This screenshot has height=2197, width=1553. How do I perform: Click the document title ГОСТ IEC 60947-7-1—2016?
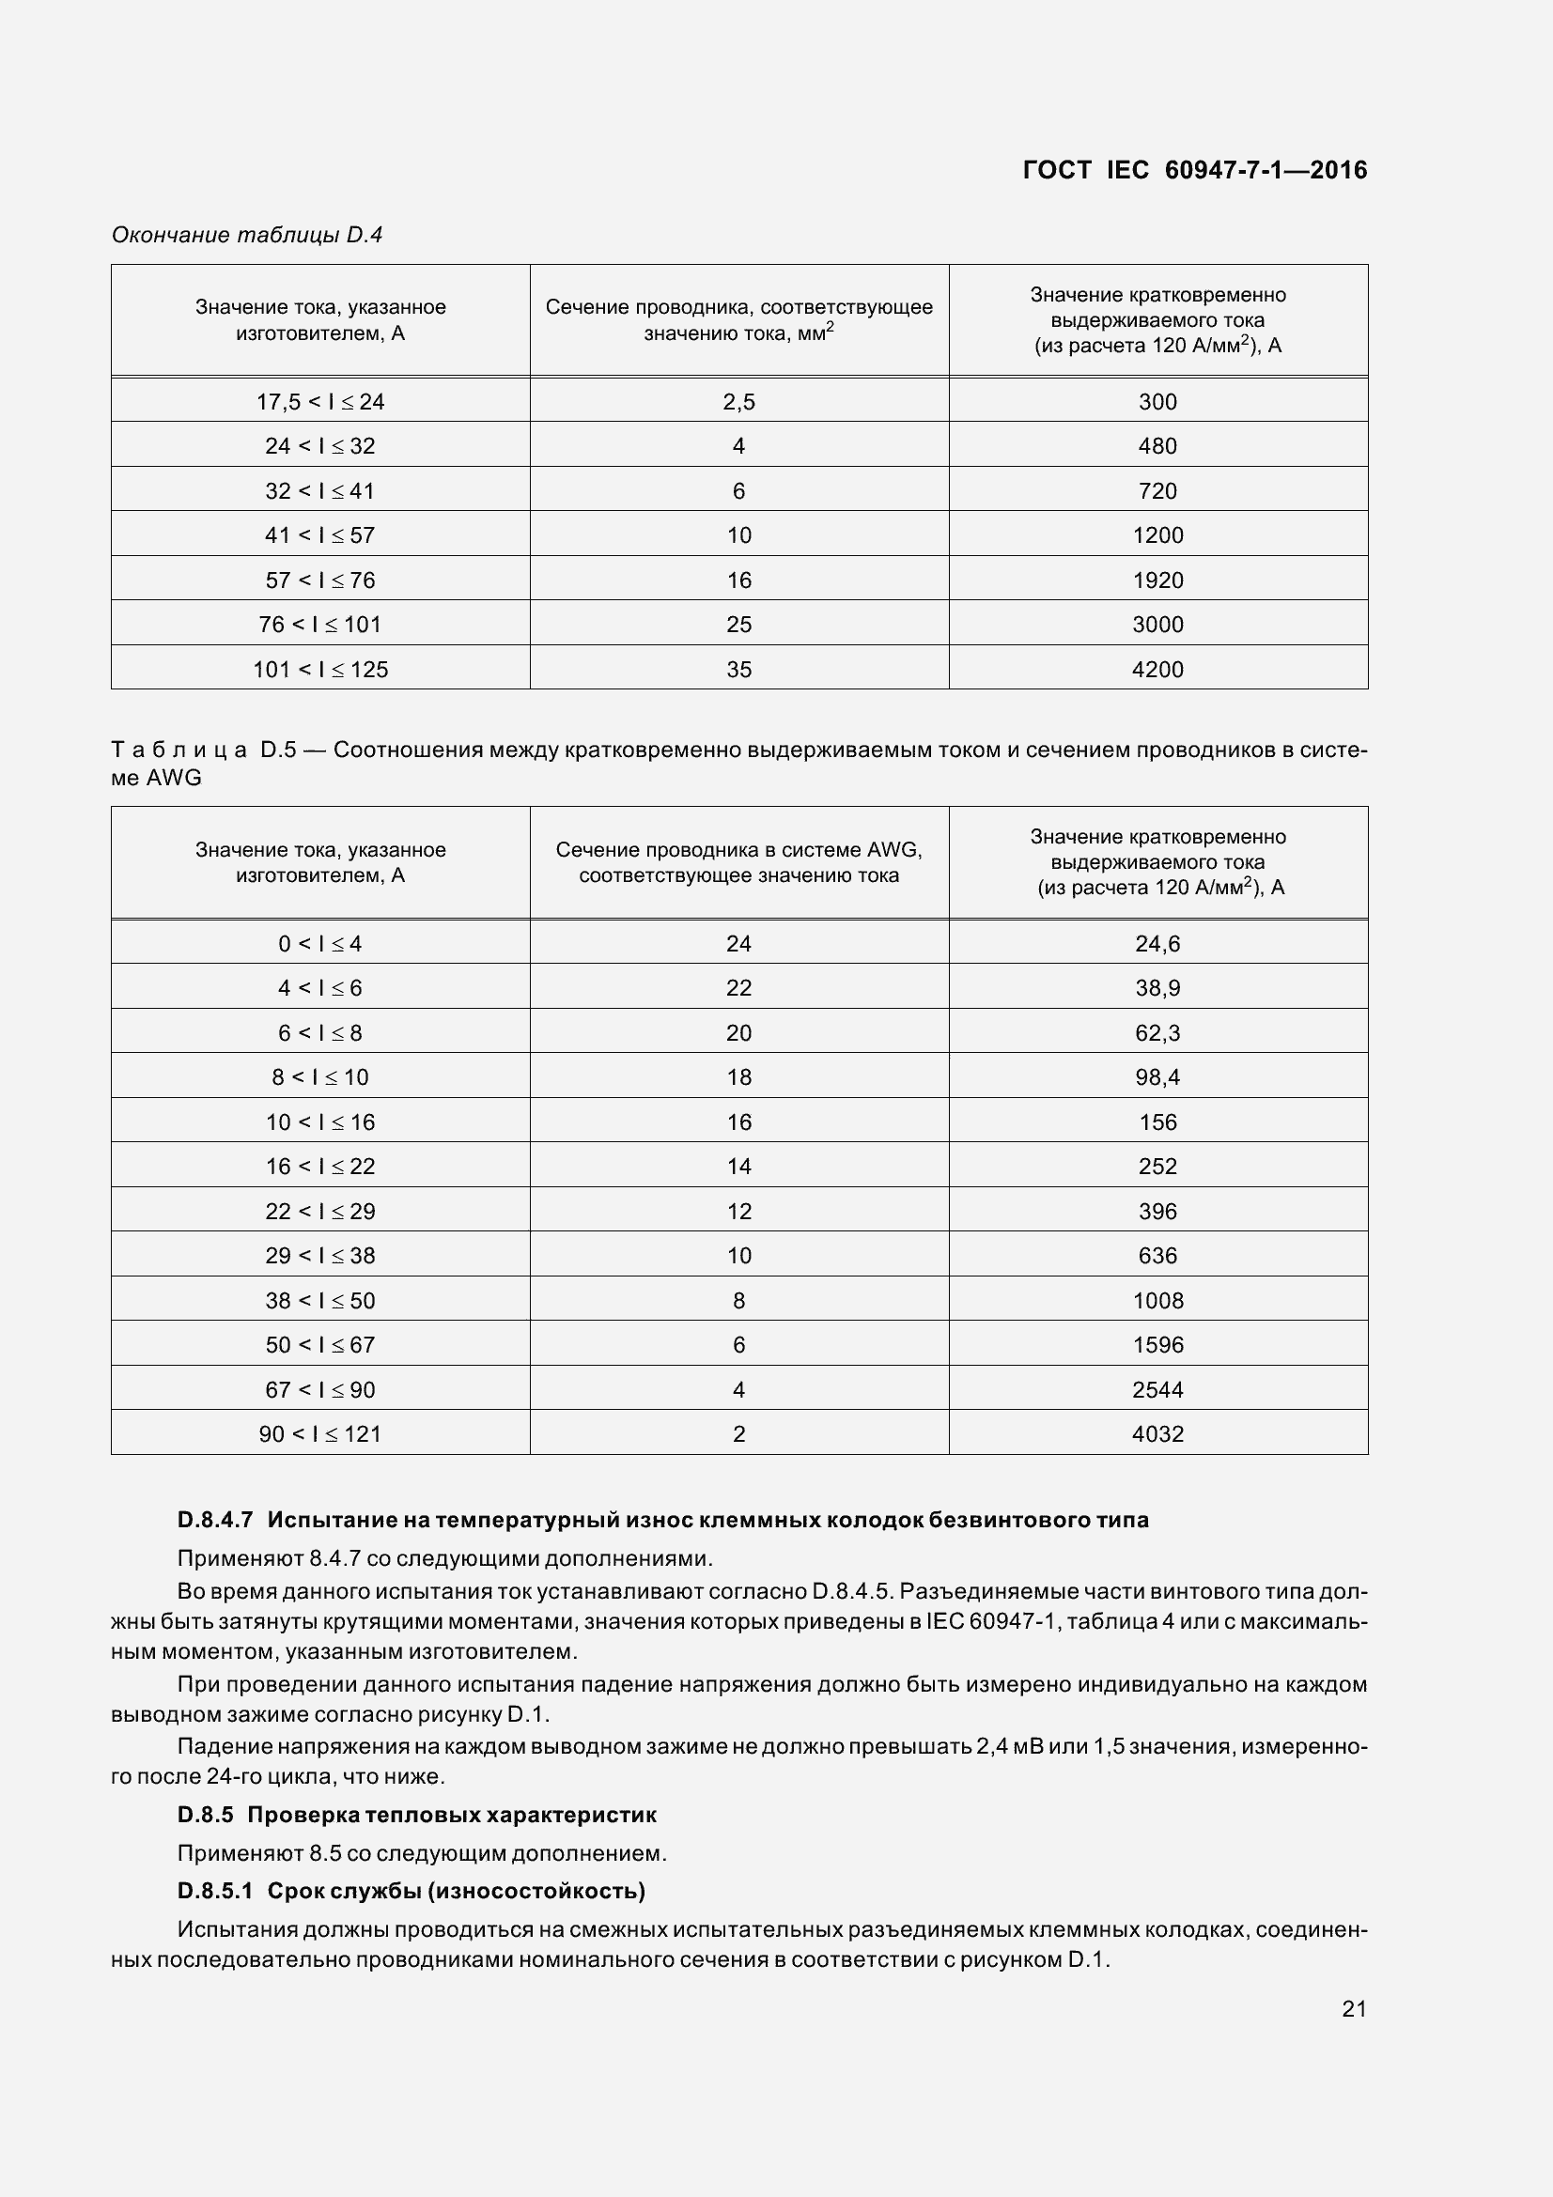click(1194, 170)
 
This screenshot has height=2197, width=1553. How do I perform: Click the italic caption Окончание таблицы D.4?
click(247, 235)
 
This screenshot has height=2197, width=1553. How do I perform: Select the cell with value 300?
click(1157, 401)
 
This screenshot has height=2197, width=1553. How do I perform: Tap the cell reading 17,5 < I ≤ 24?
click(319, 401)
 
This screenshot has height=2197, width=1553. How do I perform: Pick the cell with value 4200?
click(1157, 669)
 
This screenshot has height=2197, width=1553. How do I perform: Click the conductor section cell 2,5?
click(738, 401)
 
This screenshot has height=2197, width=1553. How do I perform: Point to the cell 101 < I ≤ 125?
click(319, 669)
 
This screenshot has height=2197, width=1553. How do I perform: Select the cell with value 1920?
click(1157, 580)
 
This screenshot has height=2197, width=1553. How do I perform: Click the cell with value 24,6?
click(1157, 943)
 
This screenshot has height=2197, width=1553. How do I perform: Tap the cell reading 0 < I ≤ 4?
click(319, 943)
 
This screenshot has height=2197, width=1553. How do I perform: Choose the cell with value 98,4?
click(1157, 1076)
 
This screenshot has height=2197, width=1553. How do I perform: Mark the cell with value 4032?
click(1157, 1433)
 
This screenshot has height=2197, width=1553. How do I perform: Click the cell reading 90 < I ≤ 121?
click(319, 1433)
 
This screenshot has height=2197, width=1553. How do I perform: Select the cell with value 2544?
click(1157, 1389)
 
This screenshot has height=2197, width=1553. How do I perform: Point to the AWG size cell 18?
click(738, 1076)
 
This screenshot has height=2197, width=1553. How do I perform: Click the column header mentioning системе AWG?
click(738, 862)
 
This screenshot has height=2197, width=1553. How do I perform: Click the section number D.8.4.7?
click(215, 1520)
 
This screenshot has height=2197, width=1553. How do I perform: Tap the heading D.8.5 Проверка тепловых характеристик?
click(417, 1815)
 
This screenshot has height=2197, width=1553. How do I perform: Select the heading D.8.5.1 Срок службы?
click(412, 1891)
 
